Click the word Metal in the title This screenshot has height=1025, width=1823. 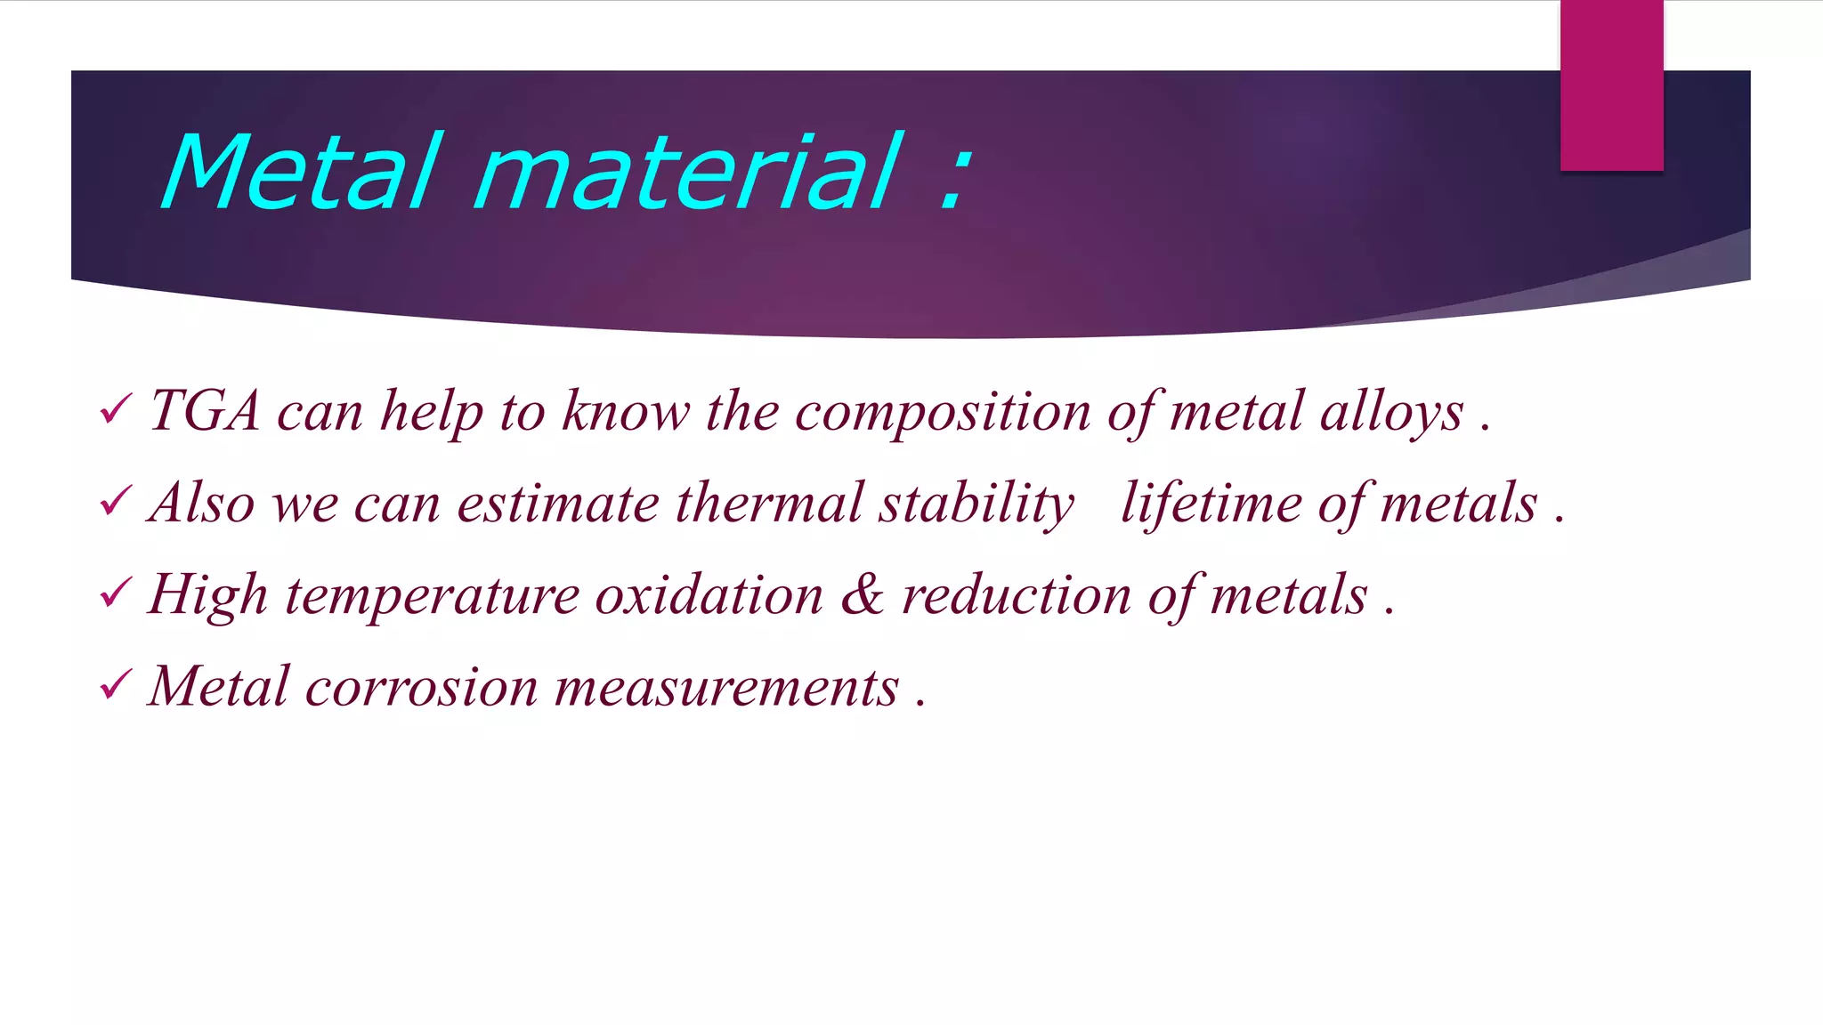[x=301, y=172]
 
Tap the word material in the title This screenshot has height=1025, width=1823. [x=688, y=172]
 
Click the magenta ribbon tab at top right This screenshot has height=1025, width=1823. [x=1611, y=85]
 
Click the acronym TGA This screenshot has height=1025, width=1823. [x=205, y=411]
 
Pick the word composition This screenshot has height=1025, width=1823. [x=942, y=413]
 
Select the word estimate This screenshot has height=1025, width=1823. [x=557, y=504]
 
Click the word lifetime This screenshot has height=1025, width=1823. [x=1211, y=504]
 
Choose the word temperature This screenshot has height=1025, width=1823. [x=432, y=595]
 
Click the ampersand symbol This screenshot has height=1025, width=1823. [x=862, y=593]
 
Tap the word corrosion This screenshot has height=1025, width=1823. [x=421, y=688]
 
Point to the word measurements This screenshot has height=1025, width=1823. [x=726, y=688]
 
